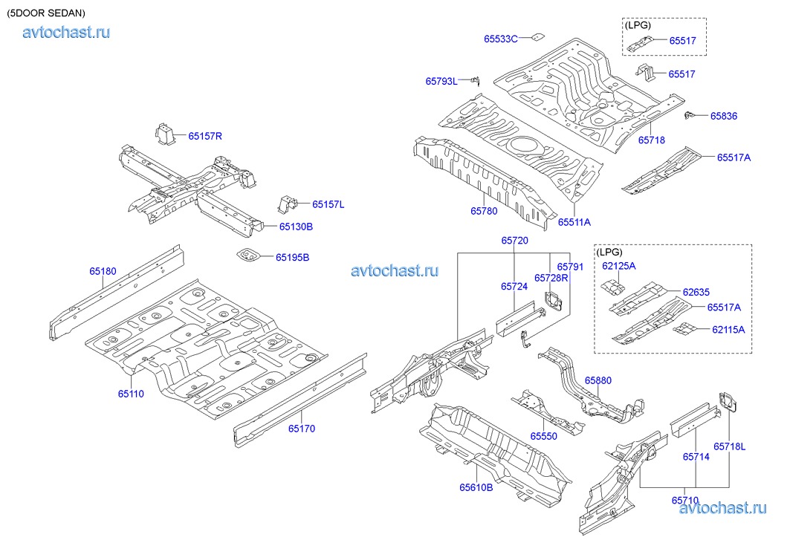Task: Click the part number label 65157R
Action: pos(205,136)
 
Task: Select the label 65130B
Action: pos(295,227)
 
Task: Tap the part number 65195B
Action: pos(292,257)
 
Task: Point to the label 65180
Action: pos(103,272)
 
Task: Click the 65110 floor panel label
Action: pos(131,394)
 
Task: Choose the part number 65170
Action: pos(302,429)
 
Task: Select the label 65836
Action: pos(723,116)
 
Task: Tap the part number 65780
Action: pos(483,211)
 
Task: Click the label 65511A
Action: pos(574,221)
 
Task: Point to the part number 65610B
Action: pos(476,487)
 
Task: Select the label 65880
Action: pos(598,380)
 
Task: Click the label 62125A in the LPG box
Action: pos(619,265)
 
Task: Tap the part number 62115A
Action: pos(728,328)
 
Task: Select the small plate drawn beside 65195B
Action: pos(249,256)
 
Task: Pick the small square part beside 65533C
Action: pos(536,36)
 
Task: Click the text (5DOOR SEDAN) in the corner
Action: pos(45,13)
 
